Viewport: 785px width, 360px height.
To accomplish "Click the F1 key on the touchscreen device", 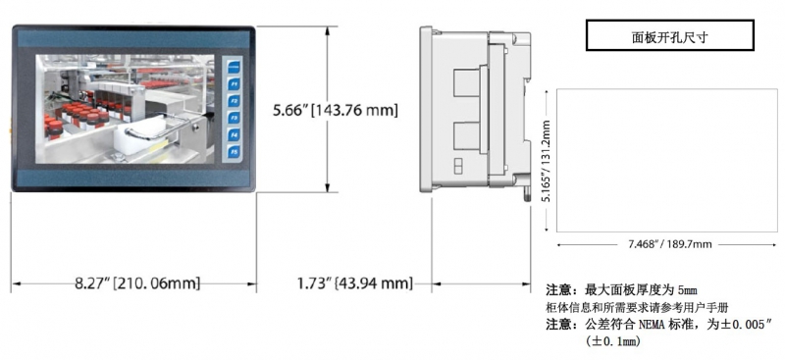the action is pos(235,83).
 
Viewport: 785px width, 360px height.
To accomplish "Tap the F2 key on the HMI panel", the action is pos(235,101).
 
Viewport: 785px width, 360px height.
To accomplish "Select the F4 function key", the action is pos(235,134).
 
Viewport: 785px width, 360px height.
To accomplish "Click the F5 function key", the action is pos(235,151).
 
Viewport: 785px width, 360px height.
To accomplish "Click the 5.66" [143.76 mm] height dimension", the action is pos(336,110).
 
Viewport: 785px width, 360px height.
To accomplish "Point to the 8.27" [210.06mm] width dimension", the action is pos(137,283).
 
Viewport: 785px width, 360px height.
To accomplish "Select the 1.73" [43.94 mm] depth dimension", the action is pos(355,283).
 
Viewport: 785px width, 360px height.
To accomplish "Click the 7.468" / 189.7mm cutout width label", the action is pos(670,244).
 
